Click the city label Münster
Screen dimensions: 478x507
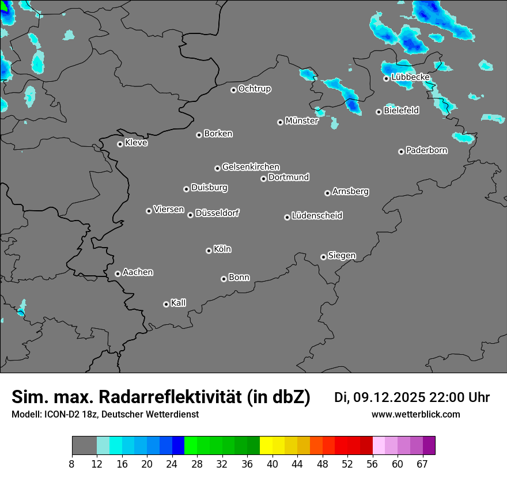click(x=301, y=121)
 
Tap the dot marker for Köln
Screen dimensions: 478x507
click(x=209, y=251)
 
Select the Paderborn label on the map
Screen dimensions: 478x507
click(x=427, y=150)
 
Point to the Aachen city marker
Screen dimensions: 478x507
click(x=118, y=274)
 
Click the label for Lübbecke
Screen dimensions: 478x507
click(x=410, y=77)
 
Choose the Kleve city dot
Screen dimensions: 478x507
click(x=120, y=144)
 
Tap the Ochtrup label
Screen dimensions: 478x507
click(x=255, y=89)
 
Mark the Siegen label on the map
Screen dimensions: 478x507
click(x=342, y=256)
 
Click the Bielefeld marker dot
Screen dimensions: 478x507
click(x=379, y=112)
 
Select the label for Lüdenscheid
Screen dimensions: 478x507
click(x=317, y=216)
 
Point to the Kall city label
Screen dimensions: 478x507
click(x=179, y=303)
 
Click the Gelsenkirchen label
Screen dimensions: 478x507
click(x=251, y=167)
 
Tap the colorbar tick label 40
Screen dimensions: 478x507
click(x=272, y=464)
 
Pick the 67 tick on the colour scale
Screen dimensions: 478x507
click(x=422, y=464)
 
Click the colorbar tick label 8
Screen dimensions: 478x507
click(x=72, y=464)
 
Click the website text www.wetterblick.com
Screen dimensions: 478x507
click(x=415, y=415)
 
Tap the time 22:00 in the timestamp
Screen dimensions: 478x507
click(x=445, y=397)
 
